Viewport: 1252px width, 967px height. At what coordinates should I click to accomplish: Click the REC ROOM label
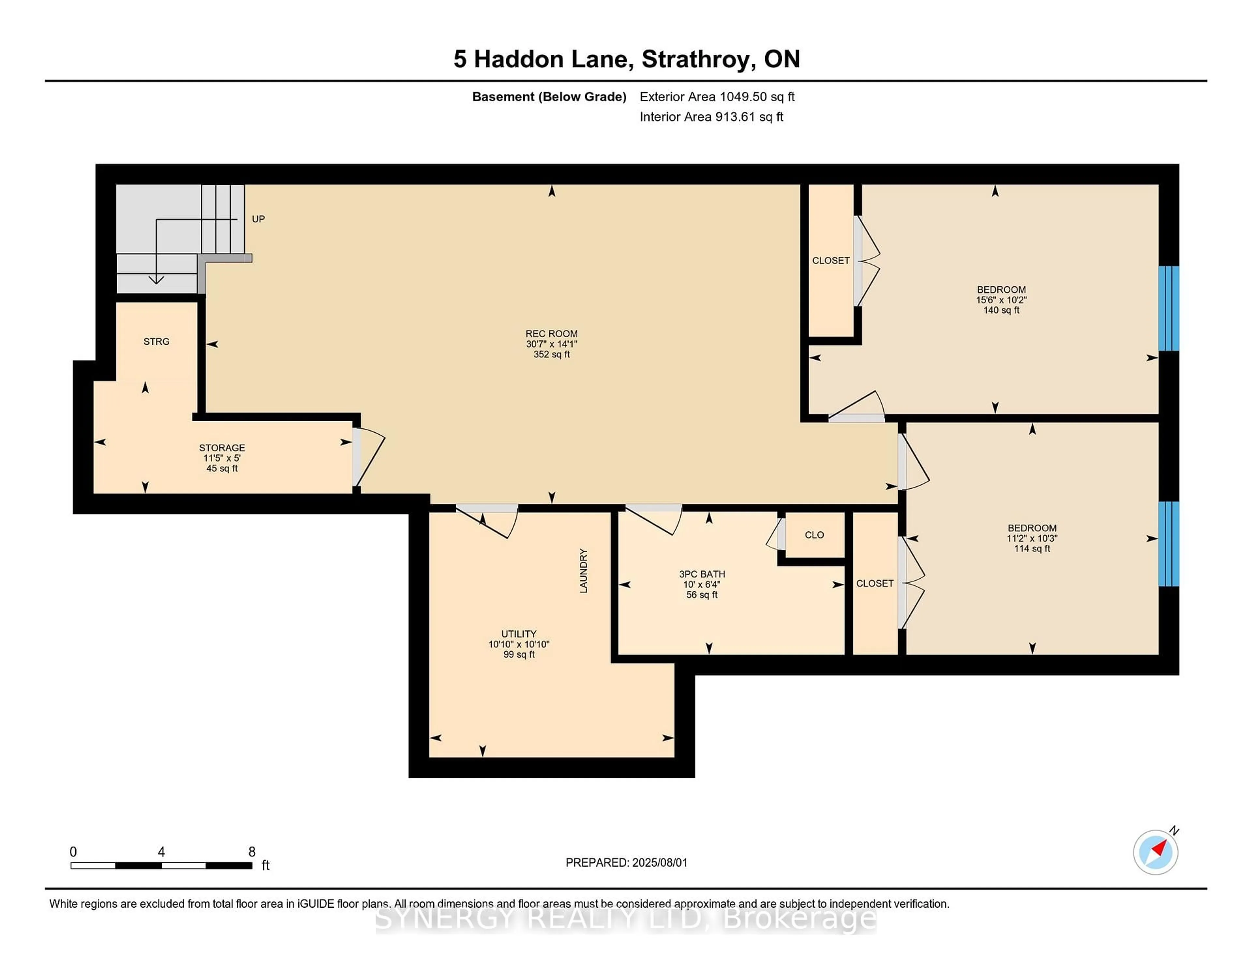[x=551, y=333]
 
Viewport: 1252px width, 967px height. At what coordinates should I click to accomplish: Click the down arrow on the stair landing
[x=156, y=280]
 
